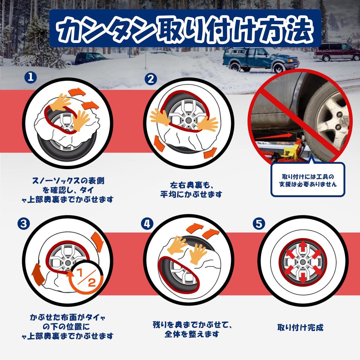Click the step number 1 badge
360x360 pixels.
(31, 77)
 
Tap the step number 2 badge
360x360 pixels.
(150, 79)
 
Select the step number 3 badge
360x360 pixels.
(24, 223)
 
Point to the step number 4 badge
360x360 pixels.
(147, 223)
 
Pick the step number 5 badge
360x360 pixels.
(259, 223)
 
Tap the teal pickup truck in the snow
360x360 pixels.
(261, 60)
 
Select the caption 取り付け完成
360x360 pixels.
(300, 327)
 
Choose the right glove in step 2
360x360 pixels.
(207, 124)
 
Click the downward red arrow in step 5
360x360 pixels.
(303, 278)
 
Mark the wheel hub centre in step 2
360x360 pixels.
(188, 120)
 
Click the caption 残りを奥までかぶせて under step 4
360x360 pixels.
(192, 324)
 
